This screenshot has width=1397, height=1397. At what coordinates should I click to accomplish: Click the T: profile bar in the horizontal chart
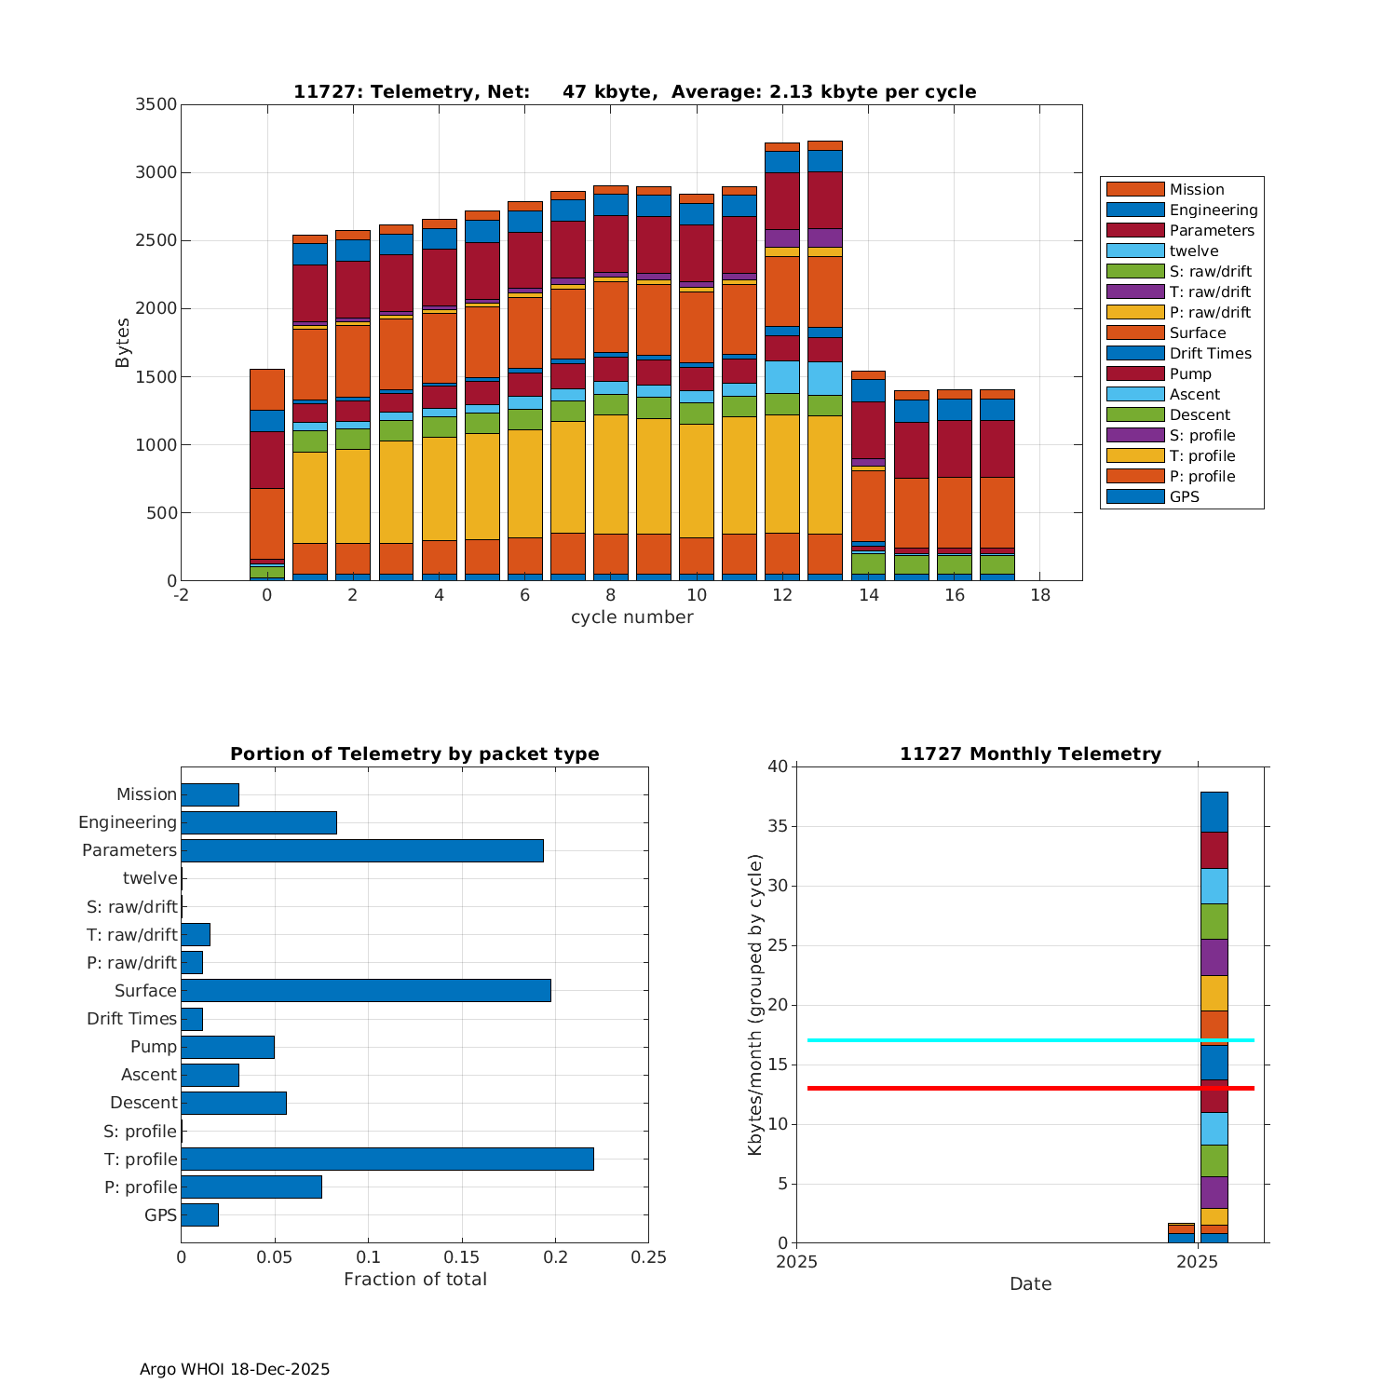click(387, 1159)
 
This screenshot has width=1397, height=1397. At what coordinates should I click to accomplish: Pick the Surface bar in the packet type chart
click(365, 990)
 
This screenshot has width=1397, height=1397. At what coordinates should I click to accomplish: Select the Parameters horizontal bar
click(361, 850)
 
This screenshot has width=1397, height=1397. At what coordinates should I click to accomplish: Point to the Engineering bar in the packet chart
click(258, 822)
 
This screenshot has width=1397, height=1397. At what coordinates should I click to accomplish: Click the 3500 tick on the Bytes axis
click(156, 104)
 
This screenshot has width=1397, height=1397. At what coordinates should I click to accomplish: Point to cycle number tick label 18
click(1040, 595)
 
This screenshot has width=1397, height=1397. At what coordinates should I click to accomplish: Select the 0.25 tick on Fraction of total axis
click(648, 1257)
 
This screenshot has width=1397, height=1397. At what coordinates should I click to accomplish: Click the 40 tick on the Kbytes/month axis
click(777, 766)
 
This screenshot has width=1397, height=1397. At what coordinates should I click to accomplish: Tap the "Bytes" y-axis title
click(123, 343)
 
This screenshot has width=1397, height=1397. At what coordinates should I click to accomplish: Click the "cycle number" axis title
click(631, 617)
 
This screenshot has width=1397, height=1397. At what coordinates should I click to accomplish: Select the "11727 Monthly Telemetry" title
click(1030, 753)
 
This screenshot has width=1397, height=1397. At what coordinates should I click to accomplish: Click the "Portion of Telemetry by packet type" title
click(414, 753)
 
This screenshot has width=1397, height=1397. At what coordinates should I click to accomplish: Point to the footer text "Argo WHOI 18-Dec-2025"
click(235, 1369)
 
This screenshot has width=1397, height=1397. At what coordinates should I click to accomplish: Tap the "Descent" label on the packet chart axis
click(143, 1103)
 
